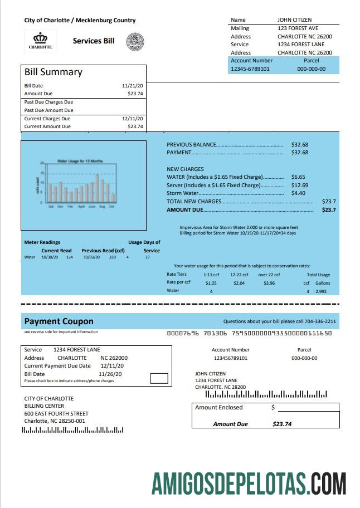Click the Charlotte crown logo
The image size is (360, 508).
[40, 41]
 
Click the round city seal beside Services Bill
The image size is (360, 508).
[135, 41]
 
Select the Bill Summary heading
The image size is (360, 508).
[53, 72]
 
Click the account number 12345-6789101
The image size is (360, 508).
[250, 69]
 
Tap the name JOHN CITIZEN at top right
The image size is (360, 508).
[295, 20]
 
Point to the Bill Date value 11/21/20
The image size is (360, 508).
[132, 86]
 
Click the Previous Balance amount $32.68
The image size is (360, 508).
[299, 144]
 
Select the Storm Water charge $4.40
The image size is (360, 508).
[298, 193]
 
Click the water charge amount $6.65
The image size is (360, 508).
[298, 177]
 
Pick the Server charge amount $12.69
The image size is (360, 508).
[299, 185]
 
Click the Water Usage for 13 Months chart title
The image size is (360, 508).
[80, 161]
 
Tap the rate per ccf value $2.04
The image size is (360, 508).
[239, 283]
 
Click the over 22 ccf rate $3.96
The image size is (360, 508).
[269, 283]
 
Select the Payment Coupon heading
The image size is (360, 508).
[59, 321]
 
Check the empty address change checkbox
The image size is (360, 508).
[159, 379]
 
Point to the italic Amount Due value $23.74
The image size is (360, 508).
[282, 424]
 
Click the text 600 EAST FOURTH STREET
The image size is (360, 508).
[56, 414]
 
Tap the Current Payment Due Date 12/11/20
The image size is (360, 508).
[112, 366]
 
